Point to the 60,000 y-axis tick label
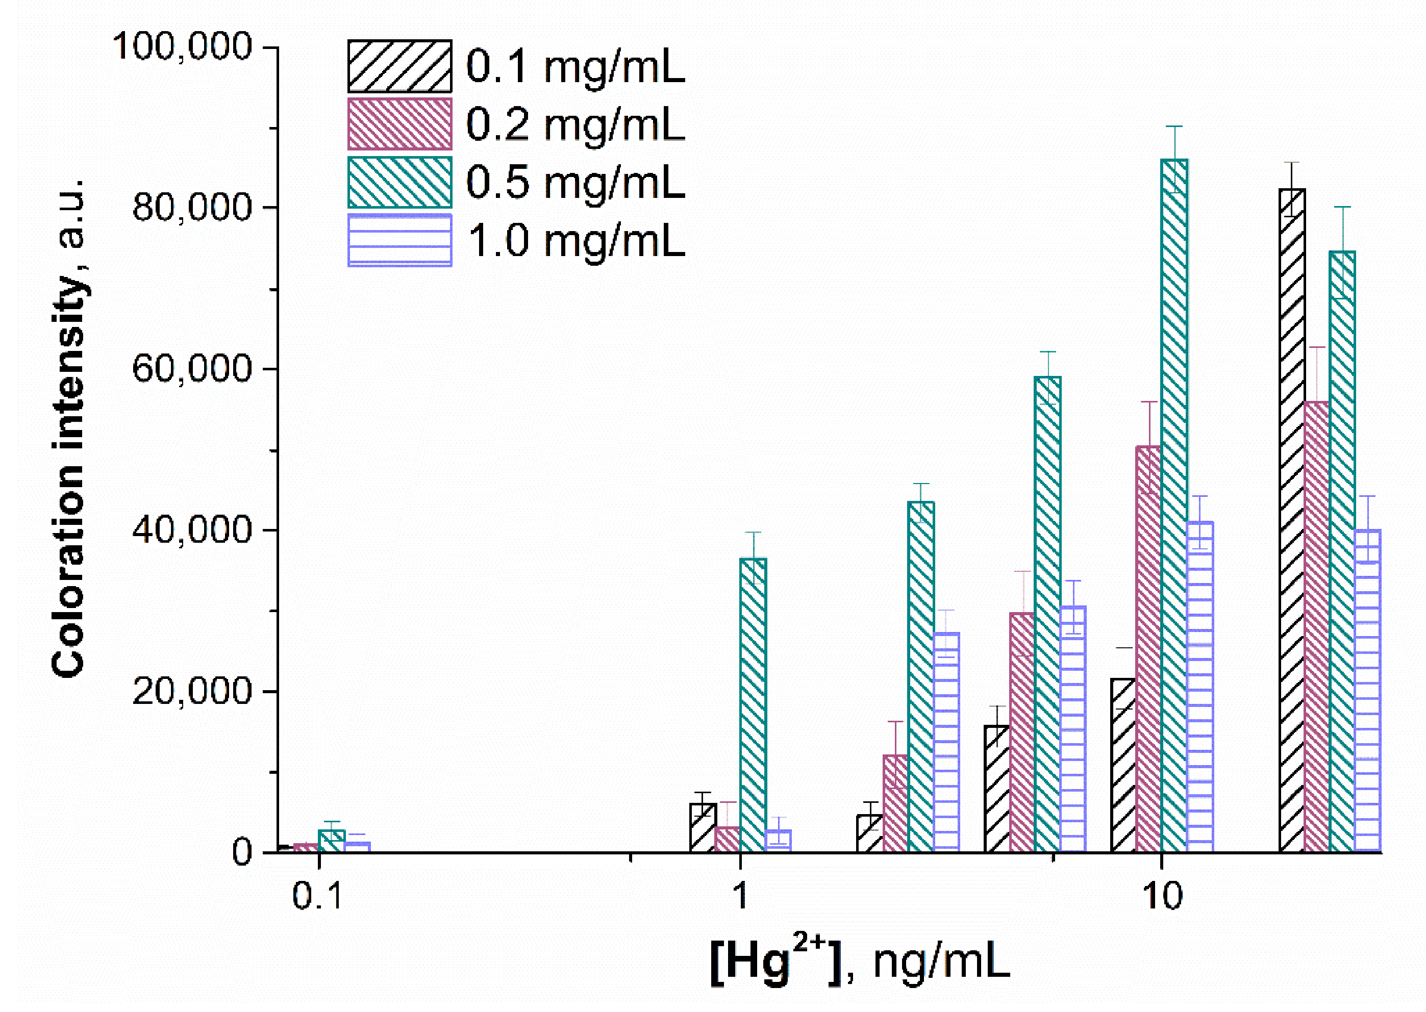click(x=191, y=368)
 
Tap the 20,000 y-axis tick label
click(x=191, y=691)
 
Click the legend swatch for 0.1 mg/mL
click(x=399, y=66)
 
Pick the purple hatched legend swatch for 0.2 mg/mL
click(x=399, y=124)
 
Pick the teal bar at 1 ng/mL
click(x=753, y=704)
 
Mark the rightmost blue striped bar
click(x=1367, y=691)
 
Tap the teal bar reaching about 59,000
click(x=1047, y=614)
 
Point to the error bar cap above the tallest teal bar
click(x=1174, y=127)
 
